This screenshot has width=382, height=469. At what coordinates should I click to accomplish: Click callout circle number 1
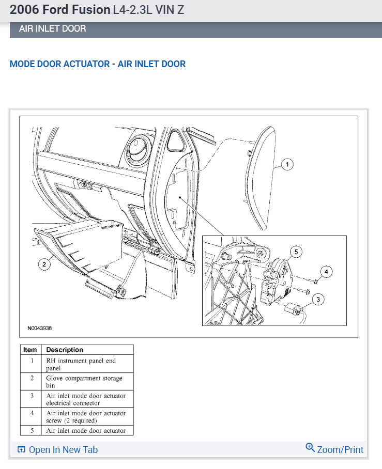pyautogui.click(x=288, y=165)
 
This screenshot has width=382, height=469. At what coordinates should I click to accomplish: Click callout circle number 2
pyautogui.click(x=44, y=264)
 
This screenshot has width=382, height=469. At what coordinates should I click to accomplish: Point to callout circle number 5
pyautogui.click(x=296, y=252)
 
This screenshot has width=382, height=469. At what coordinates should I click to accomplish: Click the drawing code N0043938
pyautogui.click(x=40, y=328)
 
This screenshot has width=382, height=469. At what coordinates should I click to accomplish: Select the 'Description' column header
pyautogui.click(x=65, y=350)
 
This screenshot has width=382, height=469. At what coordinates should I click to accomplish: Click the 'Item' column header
pyautogui.click(x=30, y=350)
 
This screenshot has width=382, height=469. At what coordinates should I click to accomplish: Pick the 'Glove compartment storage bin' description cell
pyautogui.click(x=84, y=382)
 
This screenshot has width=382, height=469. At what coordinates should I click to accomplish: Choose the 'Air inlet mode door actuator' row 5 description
pyautogui.click(x=86, y=430)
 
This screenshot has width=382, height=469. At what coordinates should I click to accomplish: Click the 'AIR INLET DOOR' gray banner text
pyautogui.click(x=53, y=29)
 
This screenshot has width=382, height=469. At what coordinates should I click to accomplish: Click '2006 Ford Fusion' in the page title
pyautogui.click(x=59, y=10)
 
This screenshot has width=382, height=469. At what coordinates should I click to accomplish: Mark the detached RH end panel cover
pyautogui.click(x=264, y=178)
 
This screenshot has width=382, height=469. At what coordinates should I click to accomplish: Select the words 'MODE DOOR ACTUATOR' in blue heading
pyautogui.click(x=59, y=64)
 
